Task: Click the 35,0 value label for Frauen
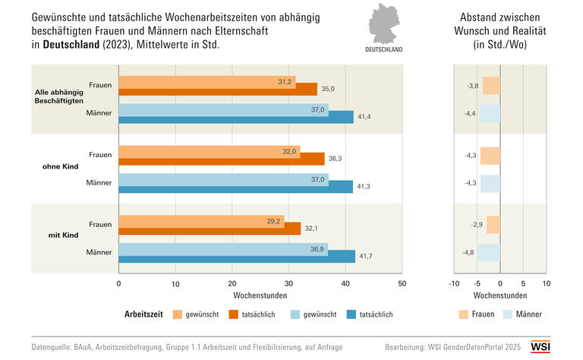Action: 327,90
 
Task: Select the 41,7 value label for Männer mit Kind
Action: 366,257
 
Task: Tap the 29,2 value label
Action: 274,222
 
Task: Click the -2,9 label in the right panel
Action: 471,226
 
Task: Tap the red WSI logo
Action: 561,346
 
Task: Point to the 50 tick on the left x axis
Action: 402,283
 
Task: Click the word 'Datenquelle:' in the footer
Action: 55,346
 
